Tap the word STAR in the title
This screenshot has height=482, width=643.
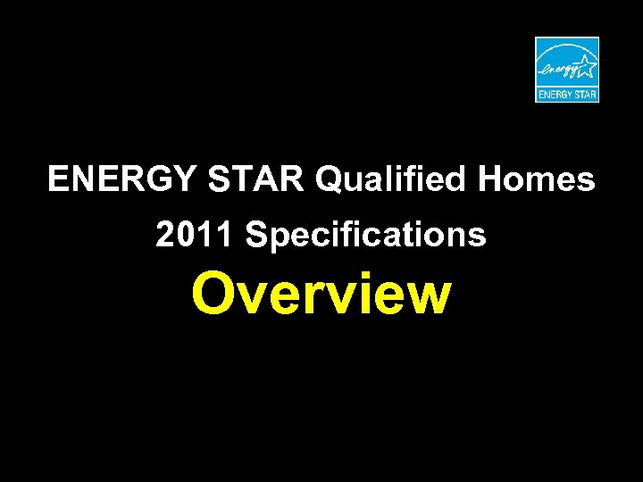[x=256, y=180]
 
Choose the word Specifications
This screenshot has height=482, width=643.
[x=366, y=237]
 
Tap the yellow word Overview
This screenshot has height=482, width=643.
[x=321, y=295]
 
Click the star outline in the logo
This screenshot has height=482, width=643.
[x=585, y=65]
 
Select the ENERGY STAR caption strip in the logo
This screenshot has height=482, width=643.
[x=567, y=93]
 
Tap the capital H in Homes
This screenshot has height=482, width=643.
[x=491, y=180]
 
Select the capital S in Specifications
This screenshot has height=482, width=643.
[x=256, y=236]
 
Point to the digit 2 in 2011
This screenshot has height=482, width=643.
[x=165, y=236]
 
